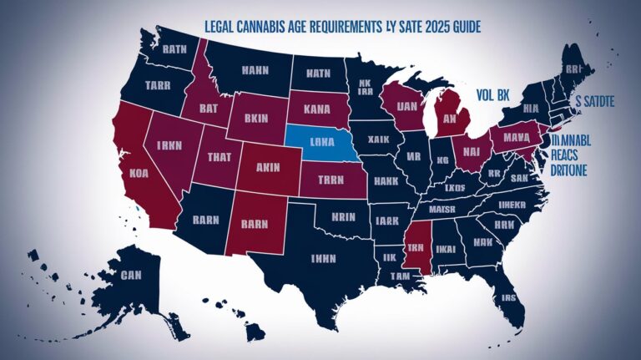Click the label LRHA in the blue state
(322, 142)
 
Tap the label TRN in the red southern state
(416, 248)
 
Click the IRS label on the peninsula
(507, 297)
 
